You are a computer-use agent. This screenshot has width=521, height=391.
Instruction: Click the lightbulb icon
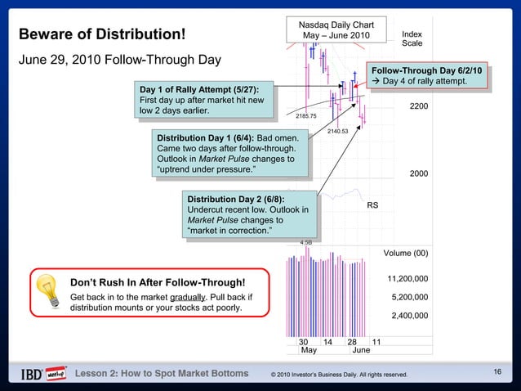click(50, 290)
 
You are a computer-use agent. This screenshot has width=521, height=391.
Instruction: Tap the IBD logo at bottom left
click(43, 374)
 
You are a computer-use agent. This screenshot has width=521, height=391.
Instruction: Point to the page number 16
click(497, 373)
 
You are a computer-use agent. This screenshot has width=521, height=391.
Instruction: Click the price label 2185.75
click(305, 116)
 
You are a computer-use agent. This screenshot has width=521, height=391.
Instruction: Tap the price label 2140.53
click(337, 131)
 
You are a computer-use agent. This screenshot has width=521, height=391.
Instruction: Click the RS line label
click(372, 204)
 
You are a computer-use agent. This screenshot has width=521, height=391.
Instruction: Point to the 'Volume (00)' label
click(406, 253)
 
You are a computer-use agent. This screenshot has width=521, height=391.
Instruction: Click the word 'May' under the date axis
click(309, 350)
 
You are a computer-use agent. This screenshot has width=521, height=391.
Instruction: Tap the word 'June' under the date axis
click(360, 350)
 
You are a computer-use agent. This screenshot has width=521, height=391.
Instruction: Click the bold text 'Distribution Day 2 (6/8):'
click(236, 199)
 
